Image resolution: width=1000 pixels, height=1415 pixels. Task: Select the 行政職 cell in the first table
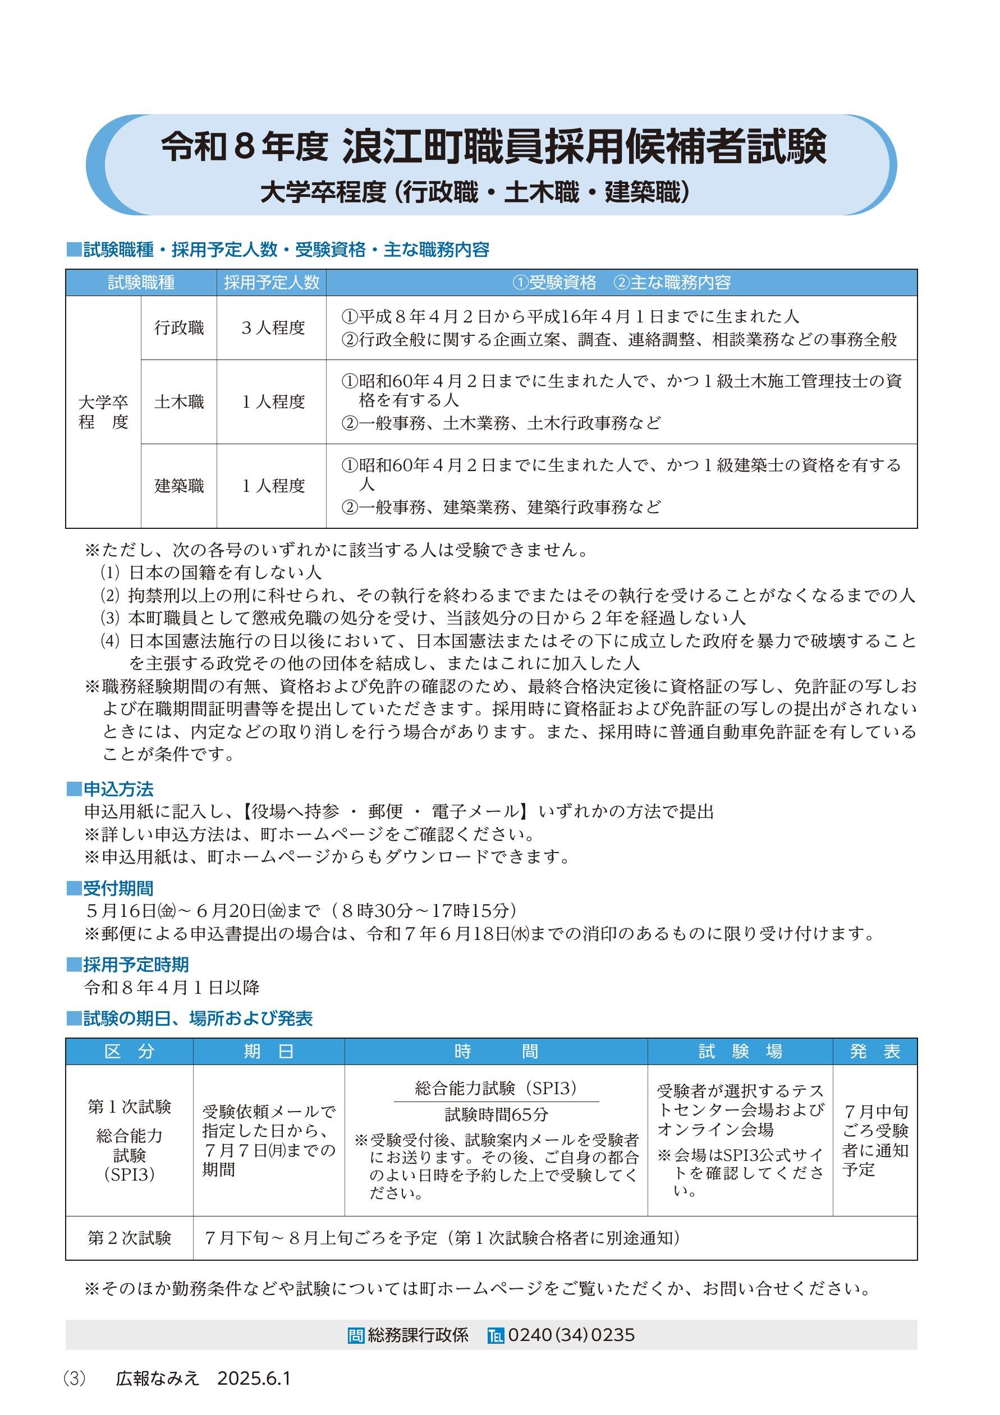tap(179, 328)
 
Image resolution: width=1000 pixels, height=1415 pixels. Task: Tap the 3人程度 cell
tap(273, 328)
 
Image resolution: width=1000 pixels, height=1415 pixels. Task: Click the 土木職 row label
tap(179, 402)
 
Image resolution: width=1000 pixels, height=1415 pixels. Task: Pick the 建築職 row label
tap(179, 486)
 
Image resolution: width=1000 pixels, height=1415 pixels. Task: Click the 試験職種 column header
tap(141, 283)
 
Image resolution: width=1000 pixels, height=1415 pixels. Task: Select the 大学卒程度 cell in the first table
tap(103, 412)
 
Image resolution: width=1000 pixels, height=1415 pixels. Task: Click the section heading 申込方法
tap(118, 789)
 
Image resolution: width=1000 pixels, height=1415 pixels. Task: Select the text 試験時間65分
tap(496, 1114)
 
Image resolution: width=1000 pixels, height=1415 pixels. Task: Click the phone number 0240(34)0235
tap(571, 1334)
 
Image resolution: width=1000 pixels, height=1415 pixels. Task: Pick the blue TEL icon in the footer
tap(495, 1335)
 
